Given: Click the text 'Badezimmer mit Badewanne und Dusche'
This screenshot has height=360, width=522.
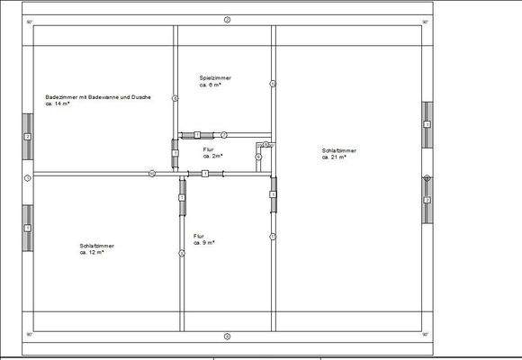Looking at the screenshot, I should (98, 96).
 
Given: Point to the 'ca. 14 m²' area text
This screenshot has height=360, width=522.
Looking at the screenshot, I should (58, 104).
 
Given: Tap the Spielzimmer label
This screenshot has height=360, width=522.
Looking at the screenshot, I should (216, 77).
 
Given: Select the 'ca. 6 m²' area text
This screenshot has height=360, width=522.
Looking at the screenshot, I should (211, 85).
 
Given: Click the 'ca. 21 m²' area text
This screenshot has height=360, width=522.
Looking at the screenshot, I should (335, 157).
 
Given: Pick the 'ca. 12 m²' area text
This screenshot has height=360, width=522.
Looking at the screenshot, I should (92, 253).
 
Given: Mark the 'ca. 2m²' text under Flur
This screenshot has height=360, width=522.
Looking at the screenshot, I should (212, 156).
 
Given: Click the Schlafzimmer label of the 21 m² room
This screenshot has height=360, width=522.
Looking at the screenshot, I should (339, 149).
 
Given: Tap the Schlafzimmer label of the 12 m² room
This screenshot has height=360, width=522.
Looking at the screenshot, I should (96, 245).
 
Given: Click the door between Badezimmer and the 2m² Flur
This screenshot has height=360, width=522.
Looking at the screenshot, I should (175, 148).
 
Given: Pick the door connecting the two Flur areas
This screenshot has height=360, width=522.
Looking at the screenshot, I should (205, 173).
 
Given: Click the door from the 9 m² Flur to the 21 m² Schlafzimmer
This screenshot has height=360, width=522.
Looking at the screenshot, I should (273, 189).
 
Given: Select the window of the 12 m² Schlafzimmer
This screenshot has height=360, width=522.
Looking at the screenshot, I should (28, 228).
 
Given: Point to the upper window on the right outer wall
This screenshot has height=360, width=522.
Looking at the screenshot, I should (427, 124).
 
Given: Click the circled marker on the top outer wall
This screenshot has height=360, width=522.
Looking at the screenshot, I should (228, 19).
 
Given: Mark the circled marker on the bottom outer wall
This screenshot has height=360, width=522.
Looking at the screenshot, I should (228, 336).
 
